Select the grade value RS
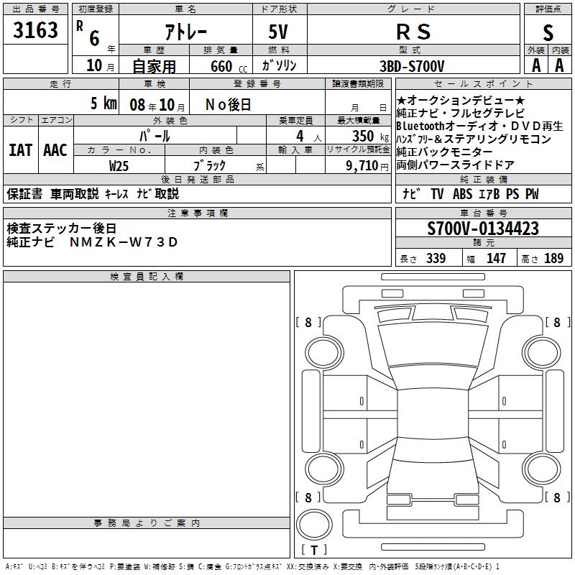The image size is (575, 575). tap(413, 32)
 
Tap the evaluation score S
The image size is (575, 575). tap(548, 32)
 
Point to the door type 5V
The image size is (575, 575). tap(280, 32)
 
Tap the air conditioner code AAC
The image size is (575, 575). tap(55, 149)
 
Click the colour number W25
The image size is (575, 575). tap(119, 165)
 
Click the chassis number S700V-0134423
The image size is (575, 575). tap(482, 229)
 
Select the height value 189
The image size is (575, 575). tap(553, 258)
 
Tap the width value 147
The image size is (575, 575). tap(496, 258)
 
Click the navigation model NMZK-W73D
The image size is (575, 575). tap(123, 241)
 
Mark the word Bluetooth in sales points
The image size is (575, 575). tap(423, 126)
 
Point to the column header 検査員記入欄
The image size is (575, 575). tap(147, 277)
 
